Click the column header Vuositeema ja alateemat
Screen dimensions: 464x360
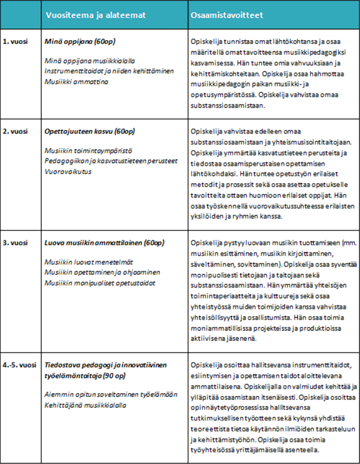point(93,16)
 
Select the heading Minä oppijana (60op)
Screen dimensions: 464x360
point(80,42)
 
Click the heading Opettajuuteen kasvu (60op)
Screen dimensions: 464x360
point(89,132)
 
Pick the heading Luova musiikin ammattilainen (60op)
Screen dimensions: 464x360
point(104,242)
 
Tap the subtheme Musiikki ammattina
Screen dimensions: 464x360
point(76,81)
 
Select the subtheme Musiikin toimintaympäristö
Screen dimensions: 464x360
point(88,151)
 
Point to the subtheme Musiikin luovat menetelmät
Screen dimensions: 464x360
point(88,261)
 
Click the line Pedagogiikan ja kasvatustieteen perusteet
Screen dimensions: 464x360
point(104,161)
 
